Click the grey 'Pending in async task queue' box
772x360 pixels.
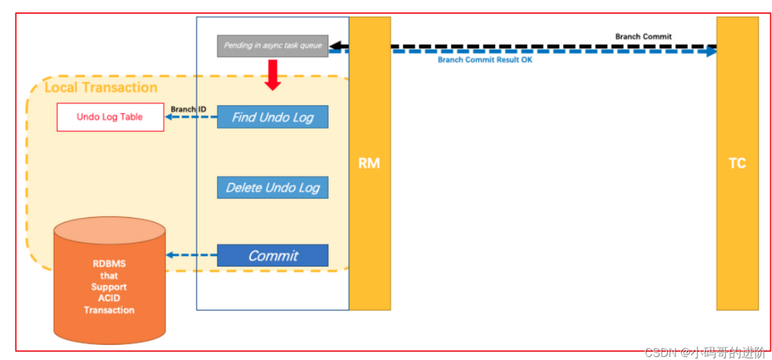[272, 46]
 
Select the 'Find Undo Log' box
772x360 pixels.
[272, 117]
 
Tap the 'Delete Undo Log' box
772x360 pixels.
[272, 187]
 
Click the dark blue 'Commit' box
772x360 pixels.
[272, 255]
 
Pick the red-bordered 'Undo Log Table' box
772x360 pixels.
[110, 117]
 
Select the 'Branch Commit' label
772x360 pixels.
[643, 36]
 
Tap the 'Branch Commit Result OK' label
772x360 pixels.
[485, 60]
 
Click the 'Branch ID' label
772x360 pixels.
[188, 109]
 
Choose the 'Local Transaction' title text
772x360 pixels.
[101, 87]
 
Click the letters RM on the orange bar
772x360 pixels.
[369, 164]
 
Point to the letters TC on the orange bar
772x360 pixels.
[737, 164]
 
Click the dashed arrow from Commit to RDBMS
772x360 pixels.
[191, 255]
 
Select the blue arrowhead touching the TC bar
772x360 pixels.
[711, 51]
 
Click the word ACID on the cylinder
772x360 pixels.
[109, 298]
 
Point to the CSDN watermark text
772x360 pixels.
[705, 352]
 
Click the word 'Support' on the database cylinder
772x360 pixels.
[109, 286]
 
